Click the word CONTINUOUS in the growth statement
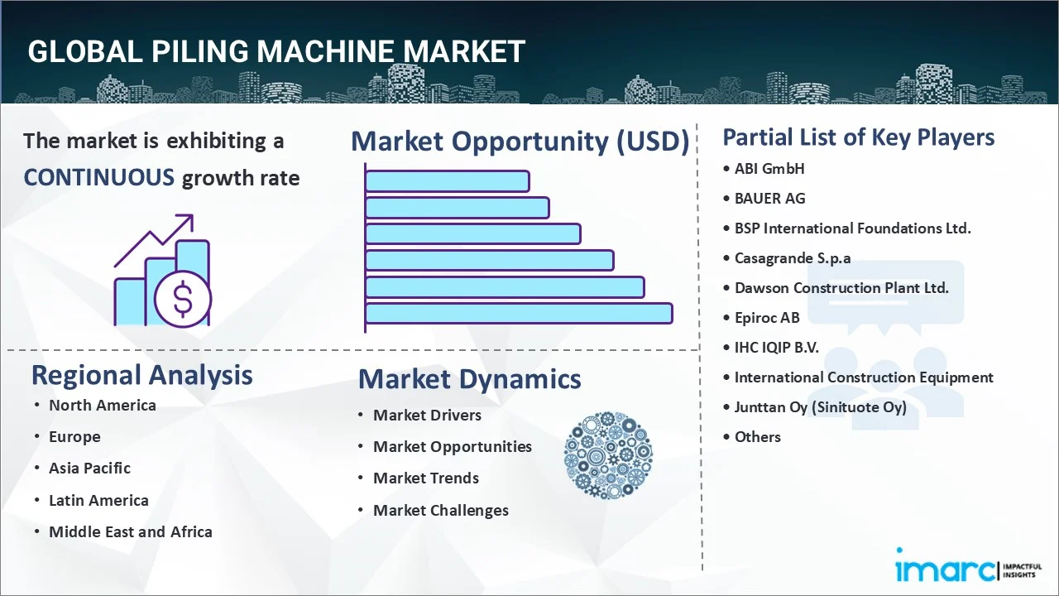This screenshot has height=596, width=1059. [98, 177]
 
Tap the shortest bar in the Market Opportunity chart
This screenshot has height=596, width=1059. [447, 180]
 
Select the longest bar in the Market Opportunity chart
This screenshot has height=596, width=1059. [519, 314]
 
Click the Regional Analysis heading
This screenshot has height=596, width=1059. [141, 375]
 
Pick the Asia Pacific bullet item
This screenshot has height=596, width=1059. [89, 469]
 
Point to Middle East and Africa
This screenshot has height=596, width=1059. [130, 532]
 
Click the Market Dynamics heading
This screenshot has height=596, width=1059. [469, 379]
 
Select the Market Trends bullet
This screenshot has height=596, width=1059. [425, 478]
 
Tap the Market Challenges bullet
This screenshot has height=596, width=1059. [440, 511]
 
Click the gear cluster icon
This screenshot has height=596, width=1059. [608, 455]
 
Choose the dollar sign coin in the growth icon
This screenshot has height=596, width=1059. [183, 300]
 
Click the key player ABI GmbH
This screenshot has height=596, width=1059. [769, 169]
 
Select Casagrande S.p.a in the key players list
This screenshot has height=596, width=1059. [792, 258]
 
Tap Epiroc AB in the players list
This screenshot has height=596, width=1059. [767, 318]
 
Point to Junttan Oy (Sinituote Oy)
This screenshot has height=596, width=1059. [820, 407]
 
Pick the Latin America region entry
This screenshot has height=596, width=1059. [98, 501]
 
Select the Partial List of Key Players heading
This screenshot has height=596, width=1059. [858, 137]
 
